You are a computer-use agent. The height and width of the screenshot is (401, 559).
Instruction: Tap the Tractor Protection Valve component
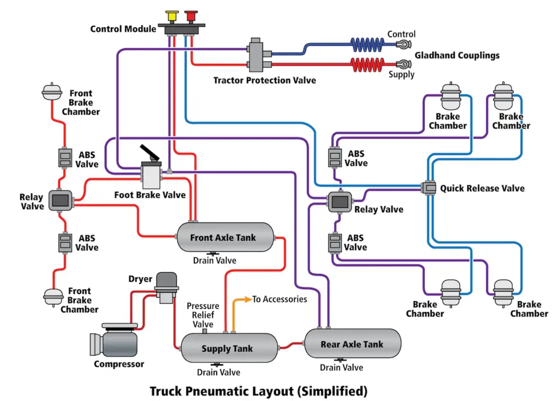click(256, 55)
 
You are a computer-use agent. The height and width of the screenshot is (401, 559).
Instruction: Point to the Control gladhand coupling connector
click(403, 44)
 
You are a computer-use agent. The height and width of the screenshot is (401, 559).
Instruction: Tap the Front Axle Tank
click(224, 237)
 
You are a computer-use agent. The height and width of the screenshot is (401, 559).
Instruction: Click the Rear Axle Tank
click(352, 344)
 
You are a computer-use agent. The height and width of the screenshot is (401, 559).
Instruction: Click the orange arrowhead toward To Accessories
click(246, 300)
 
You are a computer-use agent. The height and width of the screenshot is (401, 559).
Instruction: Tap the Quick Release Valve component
click(429, 188)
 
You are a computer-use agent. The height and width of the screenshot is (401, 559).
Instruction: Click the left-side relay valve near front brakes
click(60, 200)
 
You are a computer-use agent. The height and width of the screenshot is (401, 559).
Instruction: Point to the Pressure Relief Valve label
click(203, 315)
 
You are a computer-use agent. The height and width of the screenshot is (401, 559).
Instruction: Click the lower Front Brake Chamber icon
click(52, 296)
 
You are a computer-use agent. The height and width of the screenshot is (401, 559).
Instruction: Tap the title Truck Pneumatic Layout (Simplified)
click(258, 391)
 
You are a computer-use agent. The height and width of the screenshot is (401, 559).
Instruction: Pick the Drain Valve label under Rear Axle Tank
click(341, 368)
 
